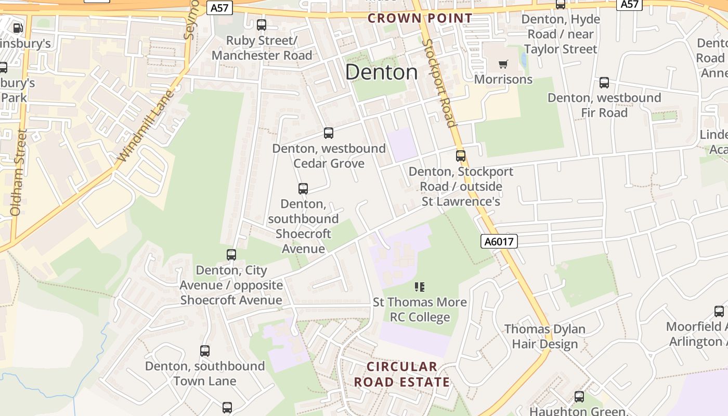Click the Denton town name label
point(381,72)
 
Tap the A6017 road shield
point(499,241)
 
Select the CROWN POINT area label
point(420,18)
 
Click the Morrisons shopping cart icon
point(503,64)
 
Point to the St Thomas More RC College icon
point(420,287)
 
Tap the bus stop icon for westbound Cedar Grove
point(329,133)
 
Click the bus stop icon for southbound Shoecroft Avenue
point(303,189)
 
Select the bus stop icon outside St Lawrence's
point(461,156)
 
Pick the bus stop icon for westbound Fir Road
point(604,83)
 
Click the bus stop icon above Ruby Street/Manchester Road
point(262,25)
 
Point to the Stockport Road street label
point(440,83)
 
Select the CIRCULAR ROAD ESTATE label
point(402,374)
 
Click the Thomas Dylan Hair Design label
point(545,336)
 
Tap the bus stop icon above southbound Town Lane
point(205,351)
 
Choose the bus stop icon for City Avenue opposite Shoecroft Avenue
point(231,255)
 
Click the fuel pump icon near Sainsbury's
point(18,28)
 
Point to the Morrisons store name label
point(503,80)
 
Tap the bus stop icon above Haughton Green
point(579,397)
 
